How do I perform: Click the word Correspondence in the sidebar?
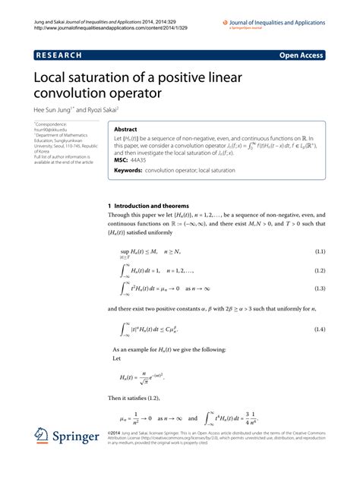50,123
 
